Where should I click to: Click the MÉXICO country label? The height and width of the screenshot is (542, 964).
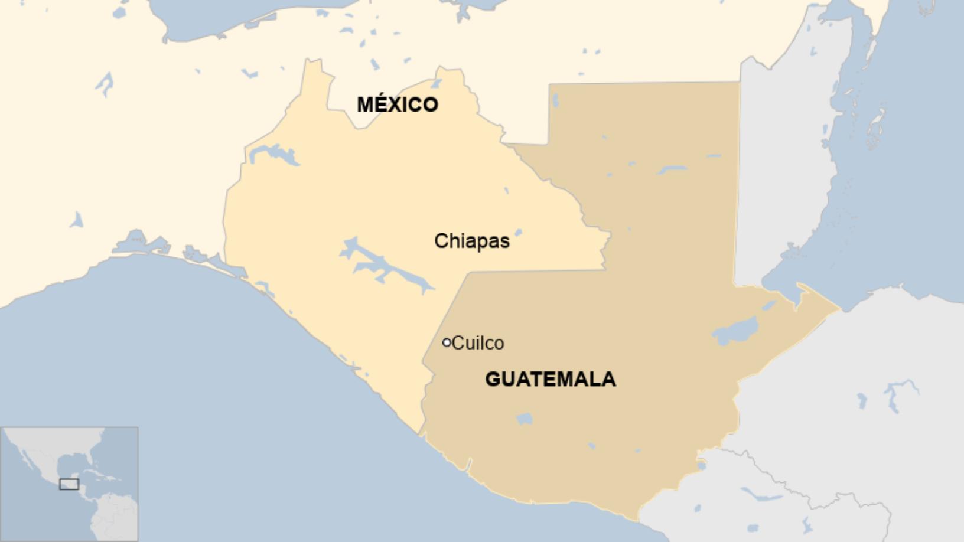pyautogui.click(x=397, y=105)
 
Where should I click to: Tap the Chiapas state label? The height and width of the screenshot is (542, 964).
pyautogui.click(x=471, y=241)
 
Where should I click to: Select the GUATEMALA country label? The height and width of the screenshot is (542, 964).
pyautogui.click(x=551, y=378)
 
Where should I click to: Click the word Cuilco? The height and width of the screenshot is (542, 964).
pyautogui.click(x=478, y=343)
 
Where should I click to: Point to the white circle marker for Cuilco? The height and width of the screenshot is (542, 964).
pyautogui.click(x=447, y=342)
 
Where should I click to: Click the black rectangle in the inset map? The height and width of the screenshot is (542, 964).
pyautogui.click(x=69, y=484)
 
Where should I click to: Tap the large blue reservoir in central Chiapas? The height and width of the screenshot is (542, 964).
pyautogui.click(x=387, y=266)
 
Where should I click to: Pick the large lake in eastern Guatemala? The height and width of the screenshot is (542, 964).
pyautogui.click(x=735, y=331)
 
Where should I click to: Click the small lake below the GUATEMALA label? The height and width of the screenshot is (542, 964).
pyautogui.click(x=524, y=419)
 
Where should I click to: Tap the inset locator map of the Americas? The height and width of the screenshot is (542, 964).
pyautogui.click(x=69, y=484)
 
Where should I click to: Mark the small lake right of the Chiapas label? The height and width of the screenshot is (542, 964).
pyautogui.click(x=518, y=233)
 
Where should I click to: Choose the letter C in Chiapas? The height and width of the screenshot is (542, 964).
pyautogui.click(x=441, y=241)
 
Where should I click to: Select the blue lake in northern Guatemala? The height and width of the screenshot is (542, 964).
pyautogui.click(x=672, y=170)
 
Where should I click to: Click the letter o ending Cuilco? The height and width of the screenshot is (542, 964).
pyautogui.click(x=499, y=344)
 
